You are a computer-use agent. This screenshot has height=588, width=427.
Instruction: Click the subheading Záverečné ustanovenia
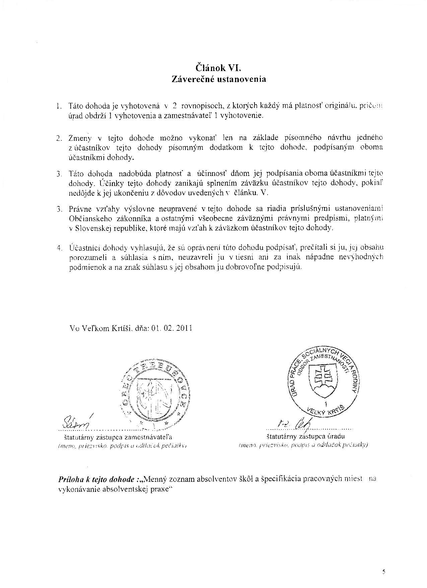click(x=219, y=79)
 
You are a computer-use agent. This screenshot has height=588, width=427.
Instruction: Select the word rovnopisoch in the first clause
click(x=200, y=106)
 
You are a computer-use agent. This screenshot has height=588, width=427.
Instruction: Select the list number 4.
click(x=60, y=248)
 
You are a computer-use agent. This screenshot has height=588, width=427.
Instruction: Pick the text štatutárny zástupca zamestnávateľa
click(x=116, y=437)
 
